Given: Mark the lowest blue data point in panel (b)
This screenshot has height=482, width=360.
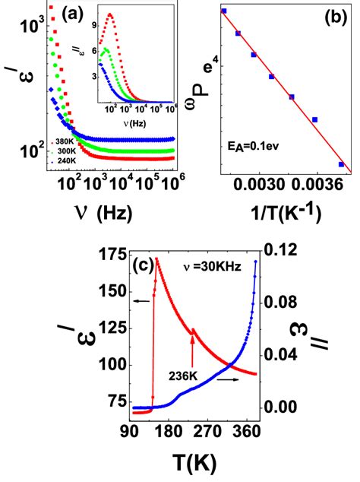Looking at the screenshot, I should (341, 163).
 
